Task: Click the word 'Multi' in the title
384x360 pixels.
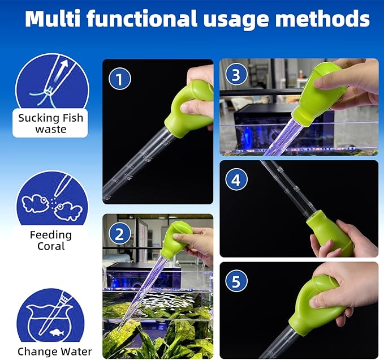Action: coord(54,19)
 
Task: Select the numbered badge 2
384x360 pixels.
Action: coord(120,233)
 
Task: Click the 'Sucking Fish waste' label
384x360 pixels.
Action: coord(50,123)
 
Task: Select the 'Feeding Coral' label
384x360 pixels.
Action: coord(50,240)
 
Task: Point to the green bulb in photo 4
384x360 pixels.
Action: coord(328,232)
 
